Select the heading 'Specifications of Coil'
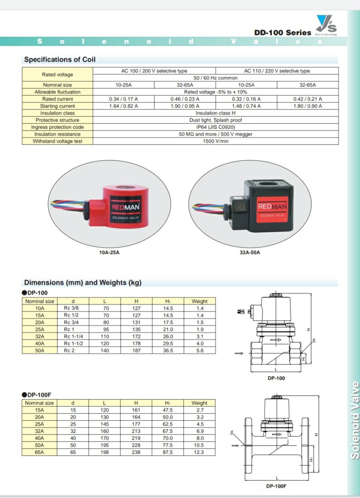click(x=60, y=60)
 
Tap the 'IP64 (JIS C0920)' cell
click(x=215, y=127)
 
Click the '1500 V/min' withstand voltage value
click(x=215, y=141)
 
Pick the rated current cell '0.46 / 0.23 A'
click(x=185, y=99)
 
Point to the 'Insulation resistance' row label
click(x=57, y=134)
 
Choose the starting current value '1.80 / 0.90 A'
click(x=308, y=106)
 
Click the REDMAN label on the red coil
click(x=126, y=207)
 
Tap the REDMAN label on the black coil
click(x=272, y=207)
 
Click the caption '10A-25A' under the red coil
click(x=109, y=253)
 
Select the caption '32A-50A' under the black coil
click(x=250, y=253)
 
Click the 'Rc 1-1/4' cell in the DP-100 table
click(x=73, y=336)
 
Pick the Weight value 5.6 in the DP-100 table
click(x=200, y=350)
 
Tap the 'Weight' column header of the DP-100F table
click(x=199, y=403)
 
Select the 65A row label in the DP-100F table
click(x=40, y=452)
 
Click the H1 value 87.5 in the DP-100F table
click(x=167, y=452)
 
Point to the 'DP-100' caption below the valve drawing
click(x=276, y=378)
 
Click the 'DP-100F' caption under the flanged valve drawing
click(x=276, y=486)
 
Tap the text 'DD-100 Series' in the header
click(x=283, y=33)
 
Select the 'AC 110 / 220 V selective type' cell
click(x=277, y=71)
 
